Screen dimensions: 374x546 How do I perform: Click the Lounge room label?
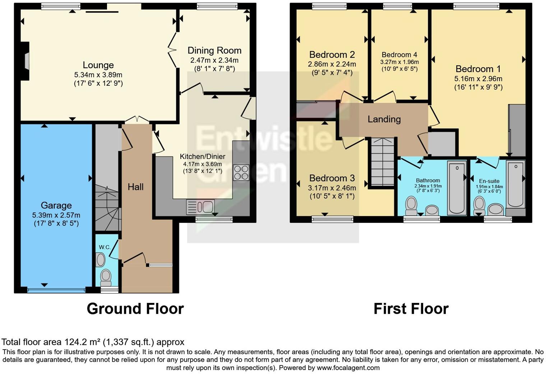(98, 65)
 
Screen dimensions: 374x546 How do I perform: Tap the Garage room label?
(56, 205)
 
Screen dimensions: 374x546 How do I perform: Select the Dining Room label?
(214, 51)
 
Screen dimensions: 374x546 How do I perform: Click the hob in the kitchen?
(241, 172)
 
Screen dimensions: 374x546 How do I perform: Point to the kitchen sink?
(200, 207)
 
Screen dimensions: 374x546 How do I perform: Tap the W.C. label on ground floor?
(105, 247)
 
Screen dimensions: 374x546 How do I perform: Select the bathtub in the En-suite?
(515, 184)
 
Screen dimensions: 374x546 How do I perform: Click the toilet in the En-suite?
(479, 205)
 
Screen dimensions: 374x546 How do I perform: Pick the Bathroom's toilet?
(411, 205)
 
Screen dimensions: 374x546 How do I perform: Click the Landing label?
(384, 119)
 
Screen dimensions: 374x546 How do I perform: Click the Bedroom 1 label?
(478, 69)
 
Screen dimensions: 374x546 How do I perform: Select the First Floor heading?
(411, 309)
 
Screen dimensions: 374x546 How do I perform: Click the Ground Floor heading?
(135, 309)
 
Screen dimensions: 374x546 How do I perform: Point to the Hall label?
(135, 187)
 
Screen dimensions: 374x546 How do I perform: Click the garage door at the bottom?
(56, 290)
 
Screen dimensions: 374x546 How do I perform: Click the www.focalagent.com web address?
(348, 368)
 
